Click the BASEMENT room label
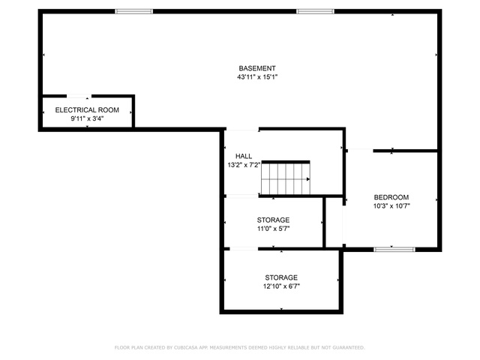pyautogui.click(x=257, y=68)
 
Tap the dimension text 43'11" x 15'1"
pyautogui.click(x=257, y=76)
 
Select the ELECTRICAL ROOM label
pyautogui.click(x=87, y=110)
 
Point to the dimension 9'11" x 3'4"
pyautogui.click(x=87, y=118)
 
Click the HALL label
pyautogui.click(x=244, y=156)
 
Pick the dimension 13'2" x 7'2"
pyautogui.click(x=244, y=165)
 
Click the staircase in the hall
pyautogui.click(x=285, y=178)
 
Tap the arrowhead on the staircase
pyautogui.click(x=308, y=179)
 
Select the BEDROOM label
pyautogui.click(x=391, y=197)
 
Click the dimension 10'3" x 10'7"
pyautogui.click(x=391, y=206)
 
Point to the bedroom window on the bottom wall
pyautogui.click(x=394, y=250)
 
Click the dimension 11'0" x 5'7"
pyautogui.click(x=273, y=229)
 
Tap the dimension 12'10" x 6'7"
pyautogui.click(x=281, y=286)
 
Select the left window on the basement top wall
pyautogui.click(x=133, y=11)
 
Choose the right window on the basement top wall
pyautogui.click(x=315, y=11)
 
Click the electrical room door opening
pyautogui.click(x=79, y=96)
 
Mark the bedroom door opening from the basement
pyautogui.click(x=360, y=151)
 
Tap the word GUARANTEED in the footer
pyautogui.click(x=348, y=347)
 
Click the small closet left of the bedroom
pyautogui.click(x=334, y=222)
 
